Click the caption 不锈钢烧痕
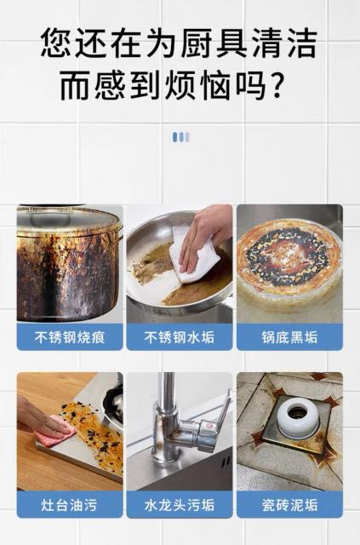click(x=70, y=337)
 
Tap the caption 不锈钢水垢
click(x=180, y=337)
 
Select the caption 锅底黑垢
click(x=290, y=337)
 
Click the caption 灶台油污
click(x=70, y=505)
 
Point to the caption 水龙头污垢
click(x=180, y=505)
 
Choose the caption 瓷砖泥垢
click(x=290, y=505)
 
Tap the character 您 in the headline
click(x=56, y=43)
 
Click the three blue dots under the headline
click(x=181, y=137)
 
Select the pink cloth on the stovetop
click(x=55, y=430)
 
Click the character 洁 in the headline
click(x=301, y=43)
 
